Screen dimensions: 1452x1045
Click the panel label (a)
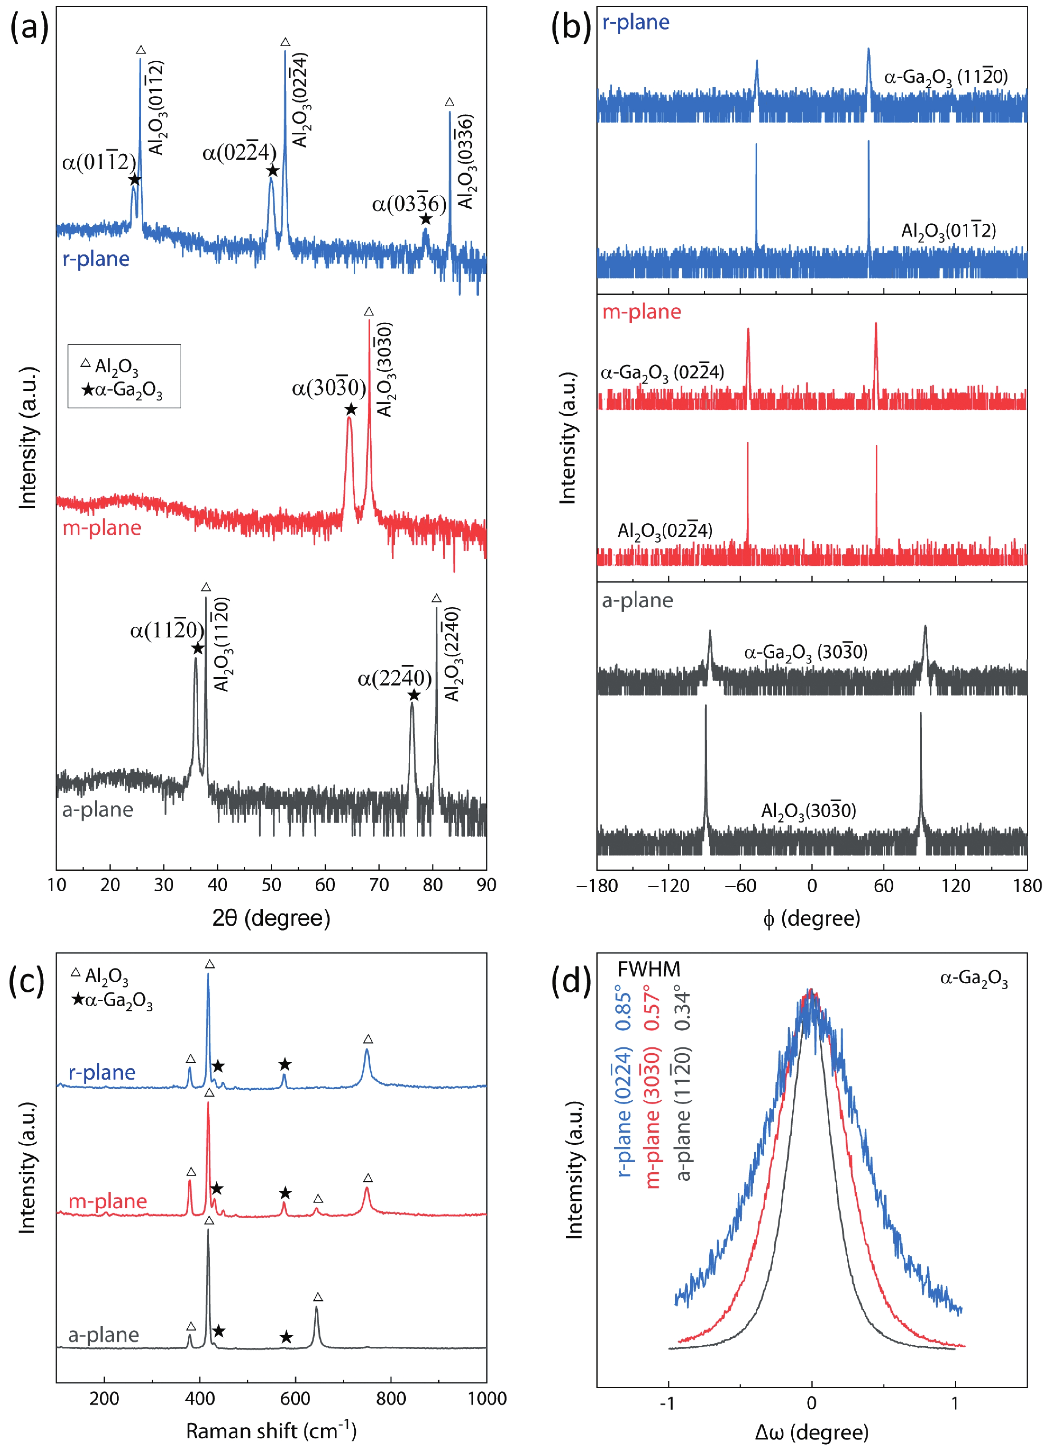click(29, 29)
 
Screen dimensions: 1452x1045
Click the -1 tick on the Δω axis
click(667, 1403)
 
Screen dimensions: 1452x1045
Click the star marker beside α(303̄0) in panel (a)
click(350, 410)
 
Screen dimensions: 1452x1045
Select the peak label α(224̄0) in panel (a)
click(394, 679)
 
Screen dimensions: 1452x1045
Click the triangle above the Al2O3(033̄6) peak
click(449, 102)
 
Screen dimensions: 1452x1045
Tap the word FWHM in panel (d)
click(649, 969)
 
